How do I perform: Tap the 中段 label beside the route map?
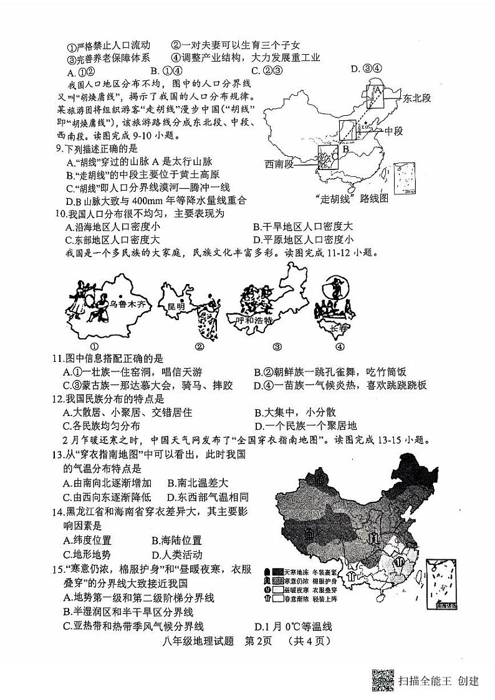click(x=395, y=131)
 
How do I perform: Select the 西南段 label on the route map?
click(x=278, y=164)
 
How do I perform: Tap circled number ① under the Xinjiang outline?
click(x=95, y=347)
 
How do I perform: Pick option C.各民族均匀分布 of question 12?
click(x=102, y=426)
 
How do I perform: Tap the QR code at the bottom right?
click(x=382, y=680)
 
